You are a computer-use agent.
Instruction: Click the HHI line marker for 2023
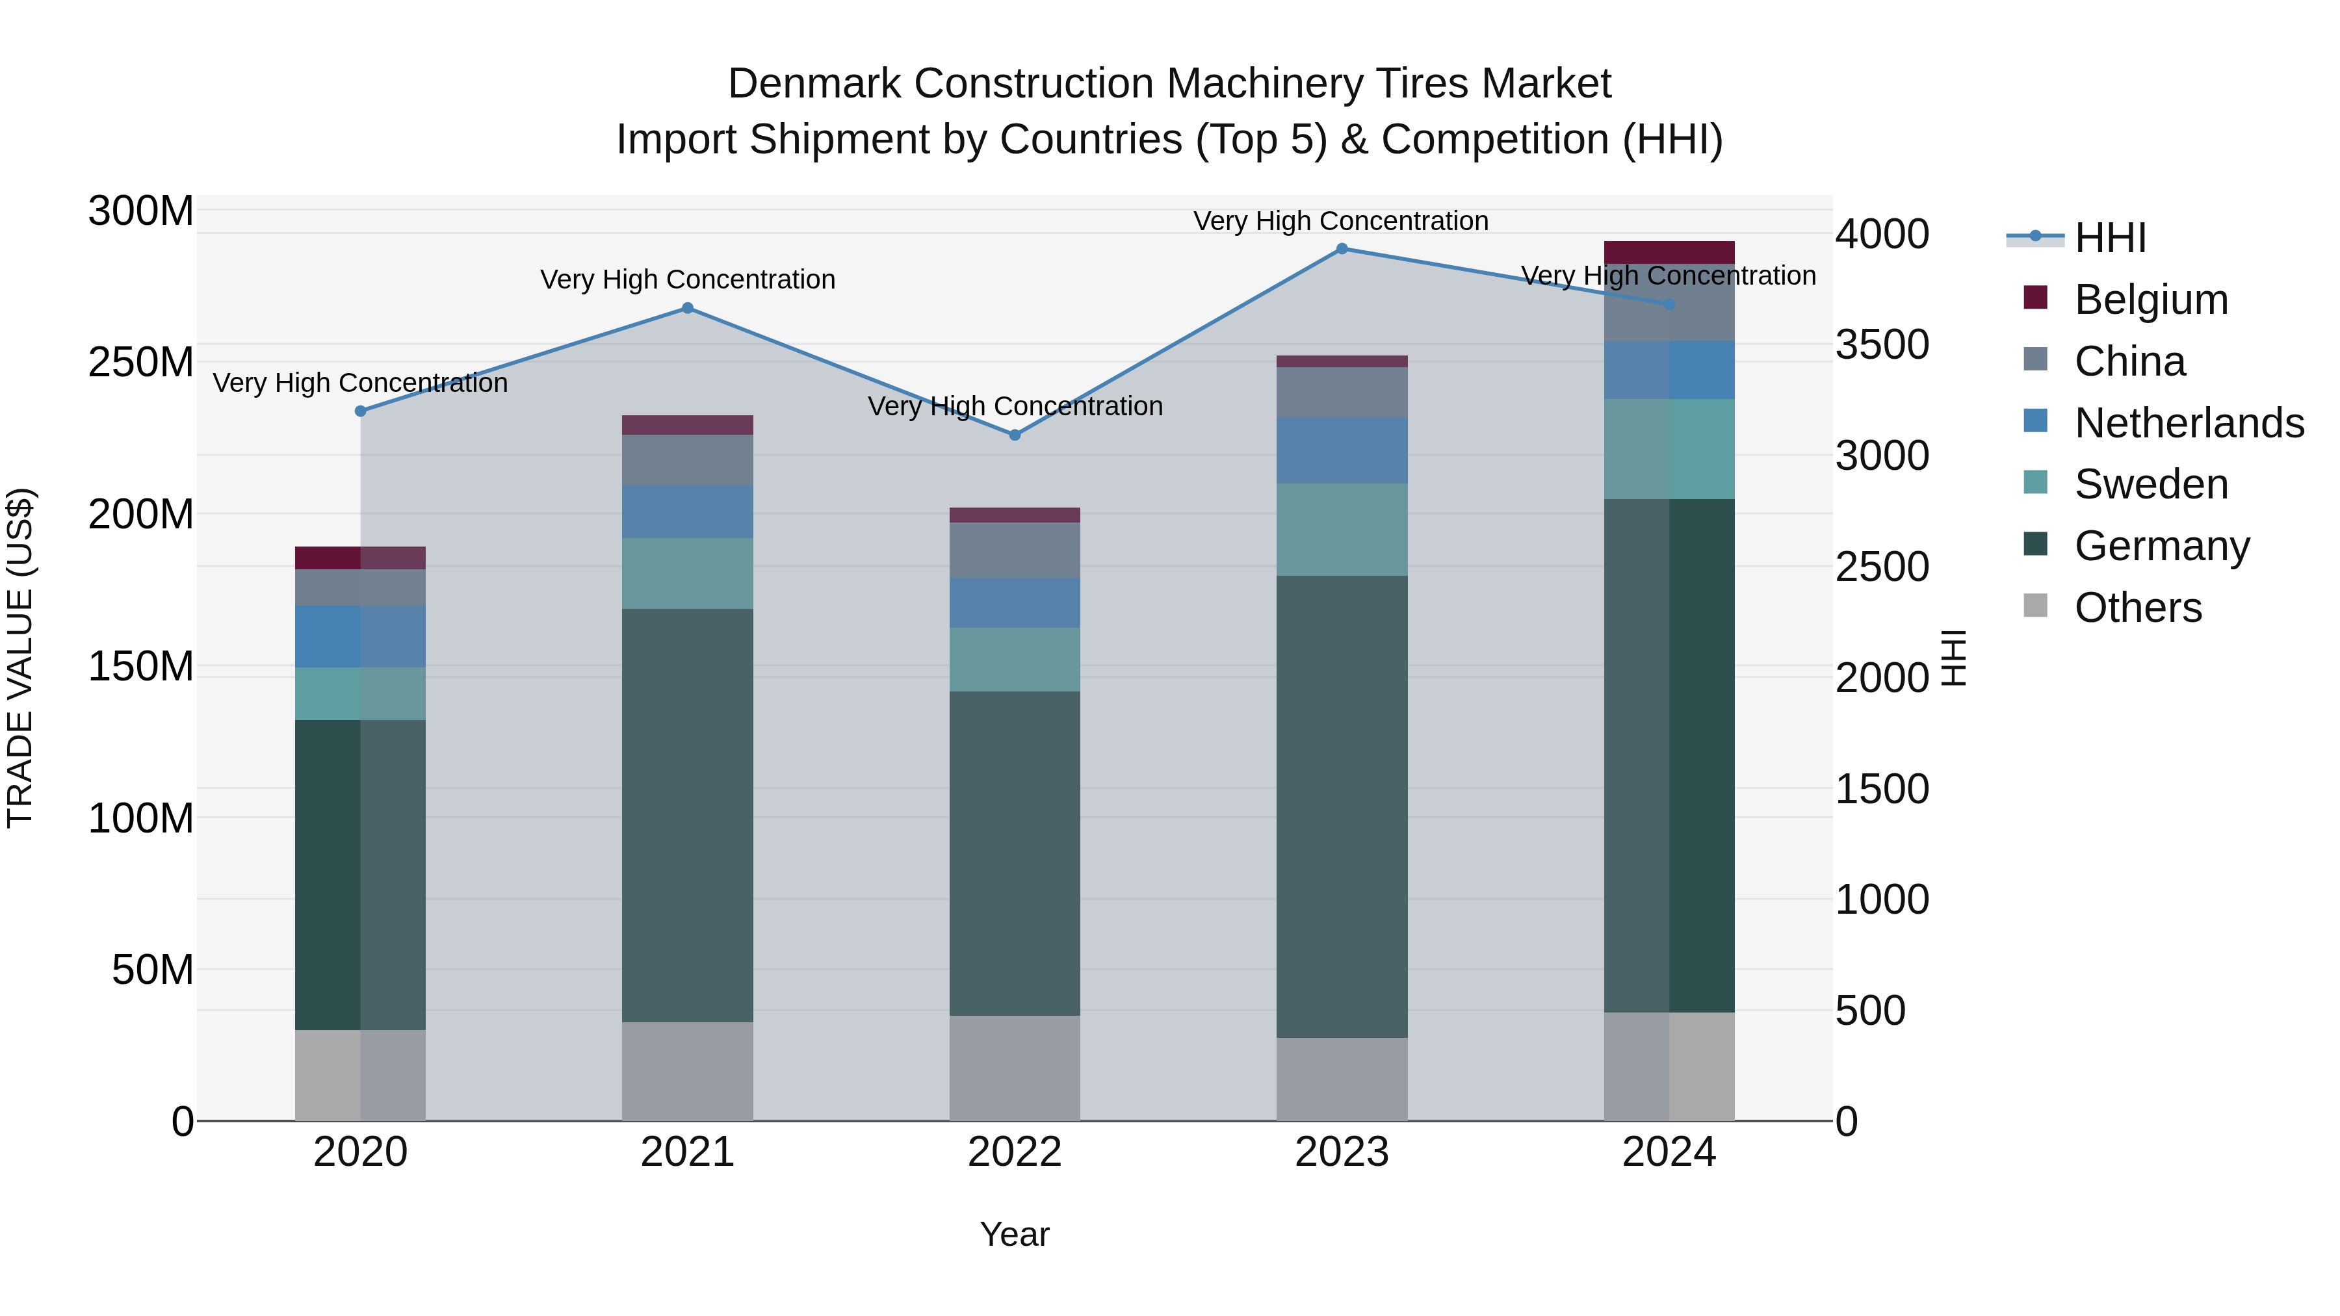(1342, 249)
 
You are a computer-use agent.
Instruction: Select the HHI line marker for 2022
(1015, 435)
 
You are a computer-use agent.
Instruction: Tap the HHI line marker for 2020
(361, 411)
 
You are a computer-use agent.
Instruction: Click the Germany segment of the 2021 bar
(688, 815)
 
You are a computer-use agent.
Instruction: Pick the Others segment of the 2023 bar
(1342, 1079)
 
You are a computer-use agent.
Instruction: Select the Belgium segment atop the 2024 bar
(1669, 253)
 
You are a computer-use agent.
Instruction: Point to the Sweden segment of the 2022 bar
(1015, 660)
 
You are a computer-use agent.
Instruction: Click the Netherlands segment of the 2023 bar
(1342, 450)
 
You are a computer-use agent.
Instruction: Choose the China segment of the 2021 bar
(688, 459)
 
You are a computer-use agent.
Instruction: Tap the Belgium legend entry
(2150, 300)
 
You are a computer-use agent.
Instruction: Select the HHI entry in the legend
(2110, 238)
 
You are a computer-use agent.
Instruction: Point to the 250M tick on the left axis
(141, 363)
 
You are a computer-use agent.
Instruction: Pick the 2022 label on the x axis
(1015, 1152)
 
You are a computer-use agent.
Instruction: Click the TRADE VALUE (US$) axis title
(20, 658)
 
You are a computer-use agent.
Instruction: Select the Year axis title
(1015, 1234)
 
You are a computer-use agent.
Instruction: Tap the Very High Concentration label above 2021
(688, 279)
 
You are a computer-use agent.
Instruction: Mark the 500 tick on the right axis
(1870, 1011)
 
